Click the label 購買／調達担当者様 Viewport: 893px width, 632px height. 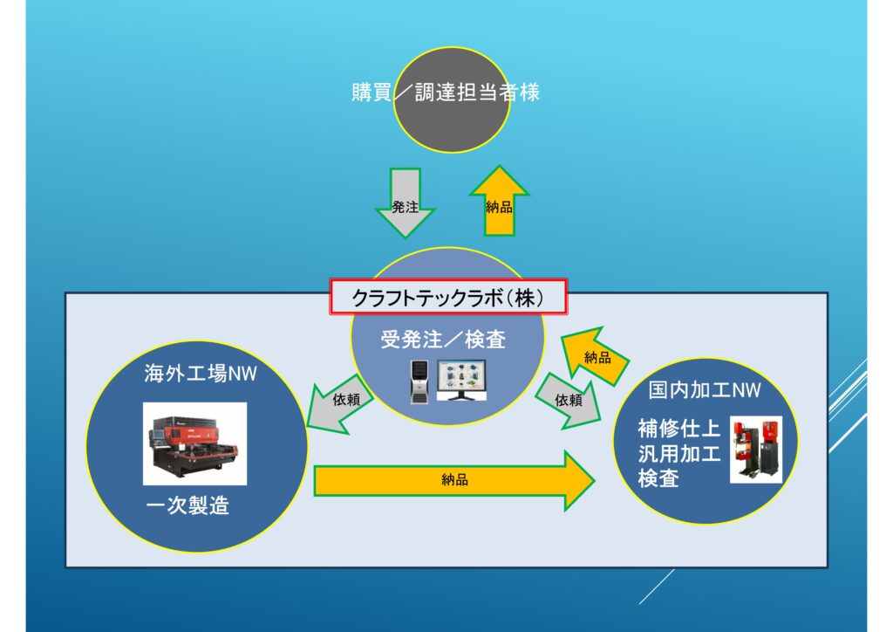[x=445, y=93]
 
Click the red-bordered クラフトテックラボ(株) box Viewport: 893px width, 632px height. [x=448, y=298]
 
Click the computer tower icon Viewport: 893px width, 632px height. [x=419, y=383]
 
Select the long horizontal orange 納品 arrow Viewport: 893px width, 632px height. [x=453, y=480]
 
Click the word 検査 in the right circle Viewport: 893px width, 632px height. [x=658, y=479]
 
